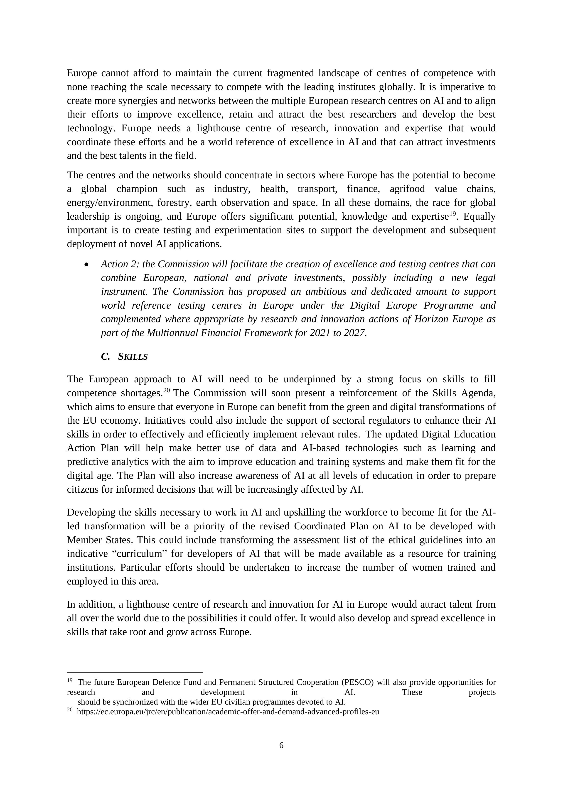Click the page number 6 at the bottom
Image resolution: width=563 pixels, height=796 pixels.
point(281,745)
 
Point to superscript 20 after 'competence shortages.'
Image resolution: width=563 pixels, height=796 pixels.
point(166,390)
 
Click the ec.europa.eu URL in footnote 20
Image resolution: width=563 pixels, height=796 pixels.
point(228,712)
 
